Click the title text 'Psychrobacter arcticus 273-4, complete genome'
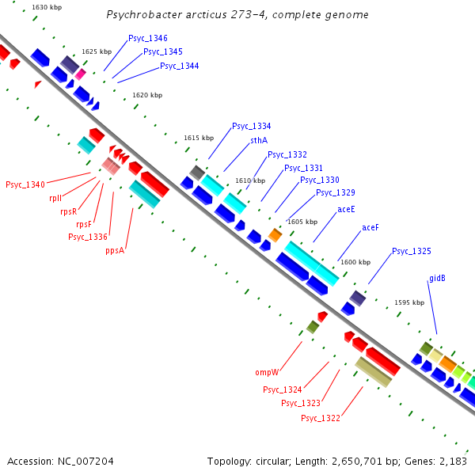(237, 15)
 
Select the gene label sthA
(259, 140)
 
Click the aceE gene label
(346, 209)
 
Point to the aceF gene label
(370, 227)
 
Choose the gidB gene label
(437, 278)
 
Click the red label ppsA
(116, 250)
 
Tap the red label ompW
(267, 372)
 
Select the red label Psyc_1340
(25, 184)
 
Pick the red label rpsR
(69, 211)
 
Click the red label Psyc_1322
(321, 417)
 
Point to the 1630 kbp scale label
(47, 7)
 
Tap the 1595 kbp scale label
(409, 302)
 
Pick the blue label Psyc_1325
(412, 251)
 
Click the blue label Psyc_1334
(252, 126)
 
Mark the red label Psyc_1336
(88, 236)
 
